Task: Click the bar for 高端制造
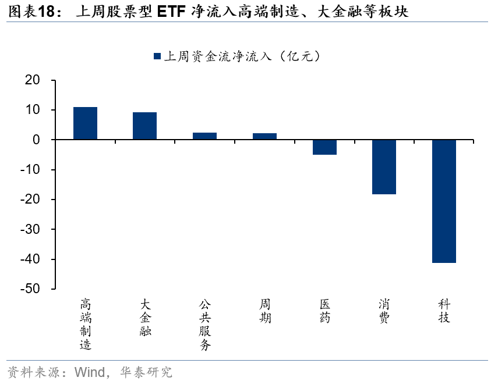click(x=85, y=123)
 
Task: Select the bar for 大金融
click(x=144, y=126)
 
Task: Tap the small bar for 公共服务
click(x=204, y=136)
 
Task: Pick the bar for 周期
click(x=264, y=136)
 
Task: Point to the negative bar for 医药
click(x=324, y=147)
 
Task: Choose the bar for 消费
click(x=384, y=167)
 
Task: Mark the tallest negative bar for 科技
click(x=444, y=201)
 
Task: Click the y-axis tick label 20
click(x=33, y=80)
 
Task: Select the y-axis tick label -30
click(x=30, y=230)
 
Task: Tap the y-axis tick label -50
click(x=30, y=289)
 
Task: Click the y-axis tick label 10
click(x=33, y=111)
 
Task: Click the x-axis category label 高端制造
click(x=86, y=324)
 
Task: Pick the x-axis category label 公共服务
click(x=204, y=324)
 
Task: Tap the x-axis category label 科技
click(x=444, y=311)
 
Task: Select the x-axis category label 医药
click(x=325, y=311)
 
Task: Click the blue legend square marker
click(x=157, y=56)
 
